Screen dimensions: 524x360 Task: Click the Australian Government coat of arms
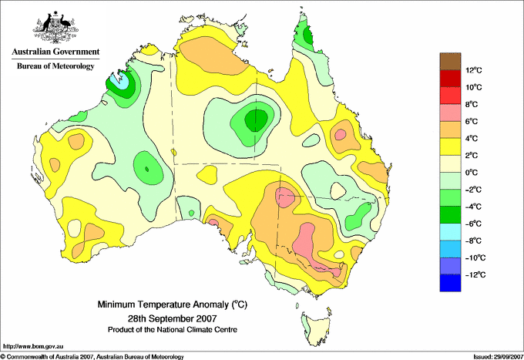[55, 28]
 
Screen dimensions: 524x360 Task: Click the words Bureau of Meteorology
[55, 66]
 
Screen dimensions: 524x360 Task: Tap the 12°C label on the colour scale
[474, 70]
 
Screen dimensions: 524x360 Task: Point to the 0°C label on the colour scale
[472, 173]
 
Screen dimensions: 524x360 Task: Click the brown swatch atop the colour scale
[450, 61]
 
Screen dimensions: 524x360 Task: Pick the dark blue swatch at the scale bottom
[450, 283]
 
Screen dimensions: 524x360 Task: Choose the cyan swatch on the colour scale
[450, 232]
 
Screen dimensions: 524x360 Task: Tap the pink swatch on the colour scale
[450, 113]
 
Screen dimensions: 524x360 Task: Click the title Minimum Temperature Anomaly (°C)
[173, 304]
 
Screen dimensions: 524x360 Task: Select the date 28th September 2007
[173, 318]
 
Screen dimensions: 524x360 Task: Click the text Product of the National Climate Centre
[173, 330]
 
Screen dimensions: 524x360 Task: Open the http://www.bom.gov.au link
[33, 347]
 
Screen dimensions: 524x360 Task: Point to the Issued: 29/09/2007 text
[499, 357]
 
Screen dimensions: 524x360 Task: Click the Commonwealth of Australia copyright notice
[92, 357]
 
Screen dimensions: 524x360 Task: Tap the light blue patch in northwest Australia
[120, 81]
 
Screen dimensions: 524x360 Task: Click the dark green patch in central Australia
[257, 119]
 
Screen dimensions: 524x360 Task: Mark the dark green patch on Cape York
[308, 35]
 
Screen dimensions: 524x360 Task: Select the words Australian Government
[55, 52]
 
